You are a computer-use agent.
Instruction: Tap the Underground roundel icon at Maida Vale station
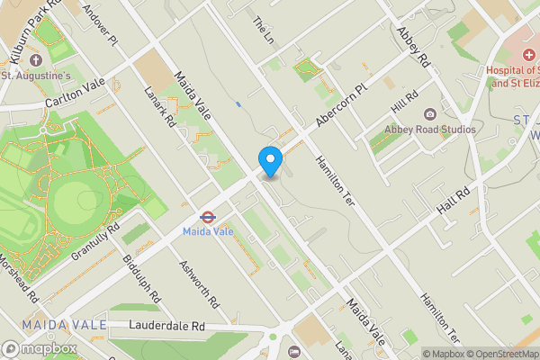[x=206, y=216]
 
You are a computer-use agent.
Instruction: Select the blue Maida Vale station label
[x=208, y=231]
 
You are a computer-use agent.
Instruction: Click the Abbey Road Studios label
[x=430, y=130]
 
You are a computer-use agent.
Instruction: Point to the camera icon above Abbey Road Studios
[x=429, y=113]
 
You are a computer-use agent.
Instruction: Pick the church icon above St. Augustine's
[x=36, y=60]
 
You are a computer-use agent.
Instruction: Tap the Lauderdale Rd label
[x=166, y=325]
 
